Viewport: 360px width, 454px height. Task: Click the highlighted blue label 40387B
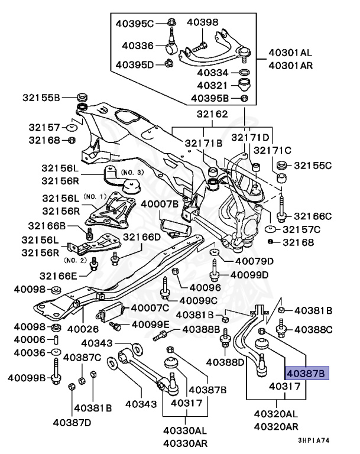pos(306,373)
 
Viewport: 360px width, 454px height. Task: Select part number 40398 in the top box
pos(203,22)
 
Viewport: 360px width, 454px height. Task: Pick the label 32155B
pos(42,97)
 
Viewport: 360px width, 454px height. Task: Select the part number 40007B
pos(159,204)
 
